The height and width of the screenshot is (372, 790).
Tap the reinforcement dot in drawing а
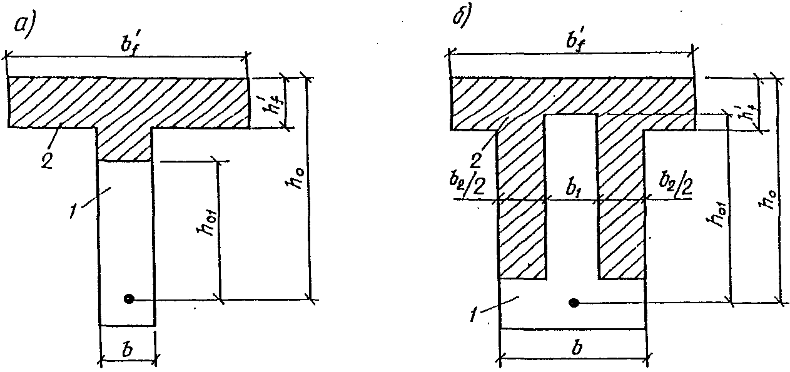point(129,299)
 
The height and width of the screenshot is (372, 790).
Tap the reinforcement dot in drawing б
point(574,303)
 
